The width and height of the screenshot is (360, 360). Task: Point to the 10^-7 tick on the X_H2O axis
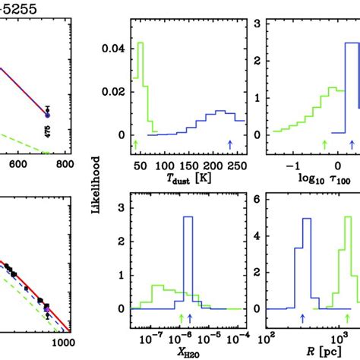150,336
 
